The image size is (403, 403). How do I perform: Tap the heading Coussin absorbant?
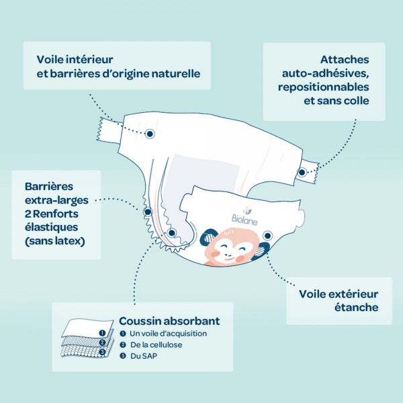click(x=169, y=321)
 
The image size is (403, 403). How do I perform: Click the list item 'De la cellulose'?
click(x=156, y=345)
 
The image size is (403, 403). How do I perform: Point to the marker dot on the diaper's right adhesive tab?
click(x=302, y=173)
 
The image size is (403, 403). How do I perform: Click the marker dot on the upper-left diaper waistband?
click(x=150, y=133)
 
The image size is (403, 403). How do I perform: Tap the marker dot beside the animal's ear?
click(x=268, y=235)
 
